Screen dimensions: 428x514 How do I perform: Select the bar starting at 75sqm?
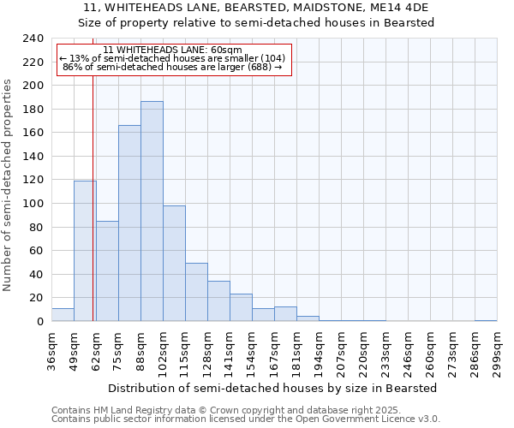[129, 223]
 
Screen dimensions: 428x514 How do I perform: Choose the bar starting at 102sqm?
[174, 264]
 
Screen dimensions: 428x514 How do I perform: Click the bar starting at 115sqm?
[196, 292]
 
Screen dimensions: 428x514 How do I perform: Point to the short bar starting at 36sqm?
[63, 315]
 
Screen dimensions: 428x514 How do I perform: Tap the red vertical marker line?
[93, 214]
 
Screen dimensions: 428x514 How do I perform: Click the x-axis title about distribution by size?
[273, 388]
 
